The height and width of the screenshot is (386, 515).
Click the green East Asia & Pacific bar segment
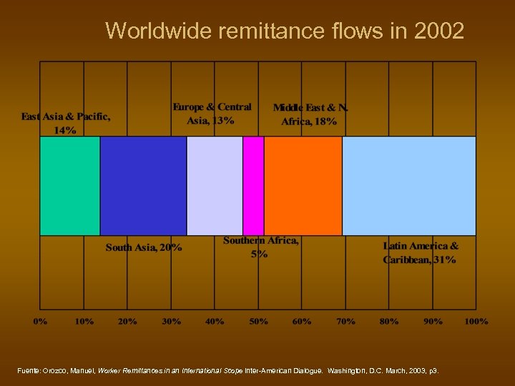point(70,186)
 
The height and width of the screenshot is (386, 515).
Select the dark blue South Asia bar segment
point(143,186)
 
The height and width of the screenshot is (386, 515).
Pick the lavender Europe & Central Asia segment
point(215,186)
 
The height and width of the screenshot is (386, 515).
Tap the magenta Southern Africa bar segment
point(253,186)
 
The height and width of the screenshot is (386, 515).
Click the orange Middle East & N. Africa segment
point(303,186)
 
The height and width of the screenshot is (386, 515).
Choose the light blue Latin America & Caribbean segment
point(408,186)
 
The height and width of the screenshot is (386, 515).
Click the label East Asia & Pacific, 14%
point(66,123)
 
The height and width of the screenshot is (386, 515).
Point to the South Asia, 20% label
point(144,247)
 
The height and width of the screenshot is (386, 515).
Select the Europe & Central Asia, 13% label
point(212,114)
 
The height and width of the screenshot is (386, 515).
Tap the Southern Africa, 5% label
point(261,247)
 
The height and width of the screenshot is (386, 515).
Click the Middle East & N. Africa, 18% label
point(310,114)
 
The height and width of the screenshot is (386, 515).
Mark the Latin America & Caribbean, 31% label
point(421,252)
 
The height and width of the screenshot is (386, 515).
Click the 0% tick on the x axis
point(41,322)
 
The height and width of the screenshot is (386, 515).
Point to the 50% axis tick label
point(258,322)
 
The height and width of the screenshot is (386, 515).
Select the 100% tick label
point(476,322)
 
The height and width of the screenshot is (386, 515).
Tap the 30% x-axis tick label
point(171,322)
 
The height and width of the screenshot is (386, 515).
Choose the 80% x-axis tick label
point(389,322)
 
